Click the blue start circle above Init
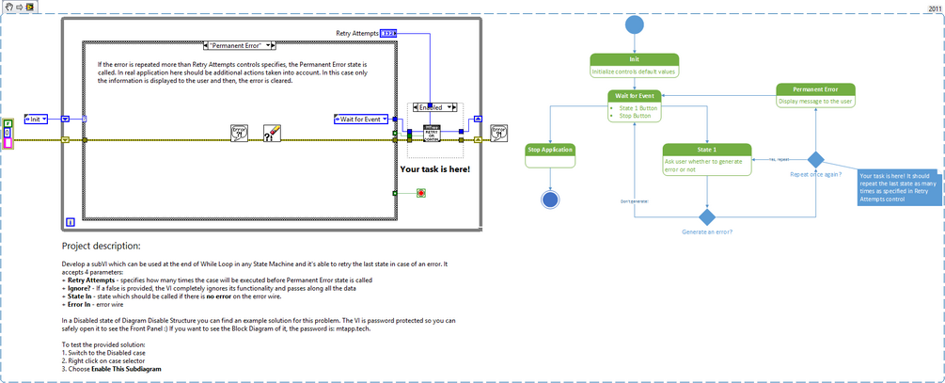pyautogui.click(x=635, y=24)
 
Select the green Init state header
pyautogui.click(x=635, y=59)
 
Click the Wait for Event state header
pyautogui.click(x=635, y=95)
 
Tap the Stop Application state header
pyautogui.click(x=550, y=149)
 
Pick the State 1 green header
pyautogui.click(x=707, y=149)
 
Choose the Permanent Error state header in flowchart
pyautogui.click(x=815, y=89)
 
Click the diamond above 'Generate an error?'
pyautogui.click(x=707, y=217)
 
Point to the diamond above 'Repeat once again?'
pyautogui.click(x=816, y=160)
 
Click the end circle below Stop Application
pyautogui.click(x=550, y=199)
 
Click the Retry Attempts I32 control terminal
pyautogui.click(x=388, y=33)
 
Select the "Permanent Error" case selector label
pyautogui.click(x=239, y=45)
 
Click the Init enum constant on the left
pyautogui.click(x=37, y=120)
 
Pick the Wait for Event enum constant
pyautogui.click(x=361, y=120)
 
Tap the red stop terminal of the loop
pyautogui.click(x=421, y=193)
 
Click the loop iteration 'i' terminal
pyautogui.click(x=71, y=222)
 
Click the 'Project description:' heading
pyautogui.click(x=102, y=246)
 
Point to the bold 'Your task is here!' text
pyautogui.click(x=435, y=169)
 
